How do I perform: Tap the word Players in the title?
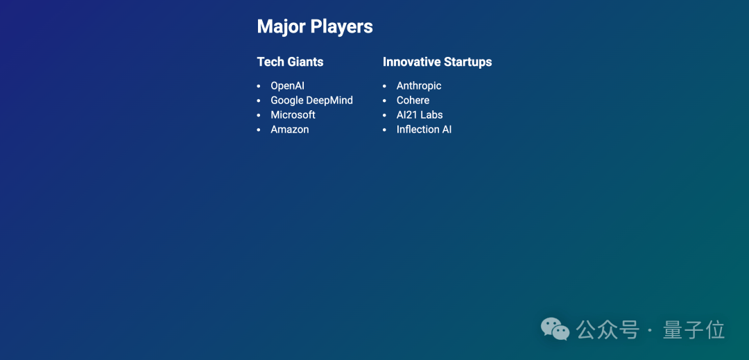coord(341,27)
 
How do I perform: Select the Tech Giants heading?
coord(290,62)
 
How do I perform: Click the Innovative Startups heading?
coord(437,62)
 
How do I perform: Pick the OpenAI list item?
coord(288,86)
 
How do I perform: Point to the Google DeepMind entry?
coord(311,101)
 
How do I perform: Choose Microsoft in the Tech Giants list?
coord(293,115)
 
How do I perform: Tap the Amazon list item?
coord(289,130)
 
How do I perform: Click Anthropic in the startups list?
coord(419,87)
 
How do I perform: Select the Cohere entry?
coord(413,101)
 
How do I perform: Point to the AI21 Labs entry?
coord(420,115)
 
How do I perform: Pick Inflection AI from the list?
coord(424,130)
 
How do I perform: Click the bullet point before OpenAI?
coord(259,87)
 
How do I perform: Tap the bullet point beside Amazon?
coord(259,130)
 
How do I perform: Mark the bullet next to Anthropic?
coord(384,87)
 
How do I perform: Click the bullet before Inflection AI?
coord(384,130)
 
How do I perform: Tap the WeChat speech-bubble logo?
coord(555,329)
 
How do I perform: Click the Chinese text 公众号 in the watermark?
coord(607,330)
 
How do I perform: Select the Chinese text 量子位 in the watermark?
coord(694,330)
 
